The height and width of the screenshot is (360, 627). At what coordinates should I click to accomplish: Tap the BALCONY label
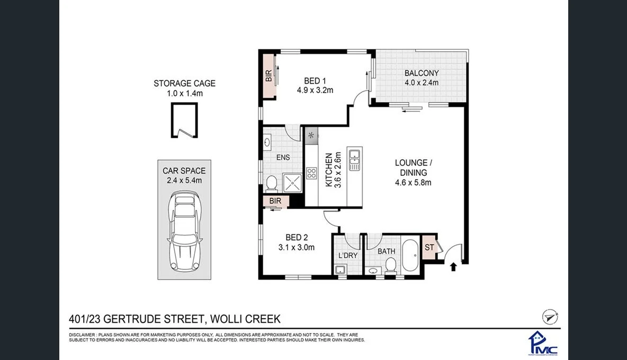tap(421, 73)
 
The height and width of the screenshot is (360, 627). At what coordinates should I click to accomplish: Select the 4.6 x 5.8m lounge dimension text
tap(413, 183)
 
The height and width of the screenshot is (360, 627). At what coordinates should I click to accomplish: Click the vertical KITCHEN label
tap(328, 170)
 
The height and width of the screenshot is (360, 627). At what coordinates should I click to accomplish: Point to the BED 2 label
tap(297, 237)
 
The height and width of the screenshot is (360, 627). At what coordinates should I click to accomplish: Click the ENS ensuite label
tap(283, 157)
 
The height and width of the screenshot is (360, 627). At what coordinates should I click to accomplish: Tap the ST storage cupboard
tap(429, 248)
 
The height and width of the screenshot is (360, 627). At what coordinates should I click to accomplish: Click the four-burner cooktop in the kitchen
tap(311, 173)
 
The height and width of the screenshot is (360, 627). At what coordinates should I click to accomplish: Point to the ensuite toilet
tap(271, 183)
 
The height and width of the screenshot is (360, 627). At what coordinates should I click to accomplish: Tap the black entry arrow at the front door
tap(453, 266)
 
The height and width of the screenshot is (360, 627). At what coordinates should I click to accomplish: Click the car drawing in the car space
tap(184, 232)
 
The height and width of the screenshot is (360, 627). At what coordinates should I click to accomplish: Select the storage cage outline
tap(184, 120)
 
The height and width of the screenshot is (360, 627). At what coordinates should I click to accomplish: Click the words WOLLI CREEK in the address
tap(245, 319)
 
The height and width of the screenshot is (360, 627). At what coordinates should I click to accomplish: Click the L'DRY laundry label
tap(347, 256)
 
